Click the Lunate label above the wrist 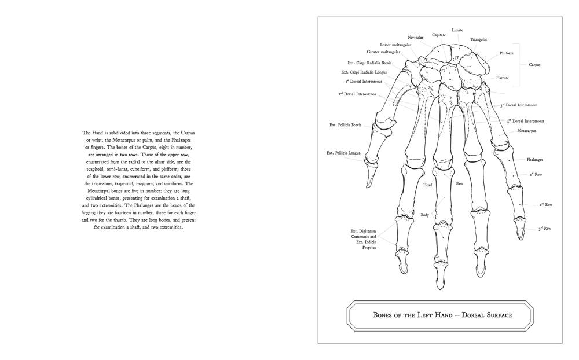point(457,30)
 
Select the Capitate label point(438,35)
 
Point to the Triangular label point(478,39)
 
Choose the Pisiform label point(506,53)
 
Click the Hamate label point(503,77)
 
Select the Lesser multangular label point(396,45)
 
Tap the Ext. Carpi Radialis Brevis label point(369,63)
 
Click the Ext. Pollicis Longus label point(345,153)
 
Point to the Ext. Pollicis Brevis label point(345,124)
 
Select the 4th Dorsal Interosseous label point(526,121)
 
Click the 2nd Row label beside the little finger point(546,204)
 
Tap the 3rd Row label point(544,229)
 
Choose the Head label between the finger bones point(427,185)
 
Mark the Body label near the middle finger point(424,215)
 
